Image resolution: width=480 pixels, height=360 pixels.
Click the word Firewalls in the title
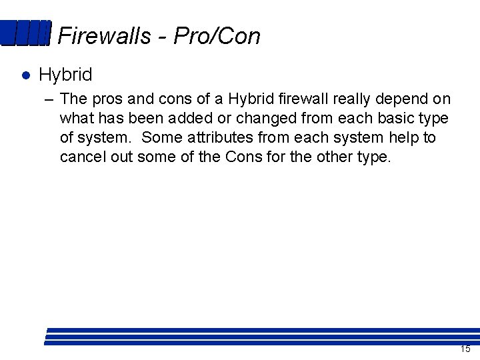click(105, 35)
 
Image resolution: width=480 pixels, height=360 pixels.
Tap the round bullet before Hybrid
click(25, 75)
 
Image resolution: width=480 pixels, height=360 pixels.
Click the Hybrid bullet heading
click(65, 75)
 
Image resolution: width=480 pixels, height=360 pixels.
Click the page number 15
click(465, 349)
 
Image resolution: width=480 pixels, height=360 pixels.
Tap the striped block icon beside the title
click(25, 33)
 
